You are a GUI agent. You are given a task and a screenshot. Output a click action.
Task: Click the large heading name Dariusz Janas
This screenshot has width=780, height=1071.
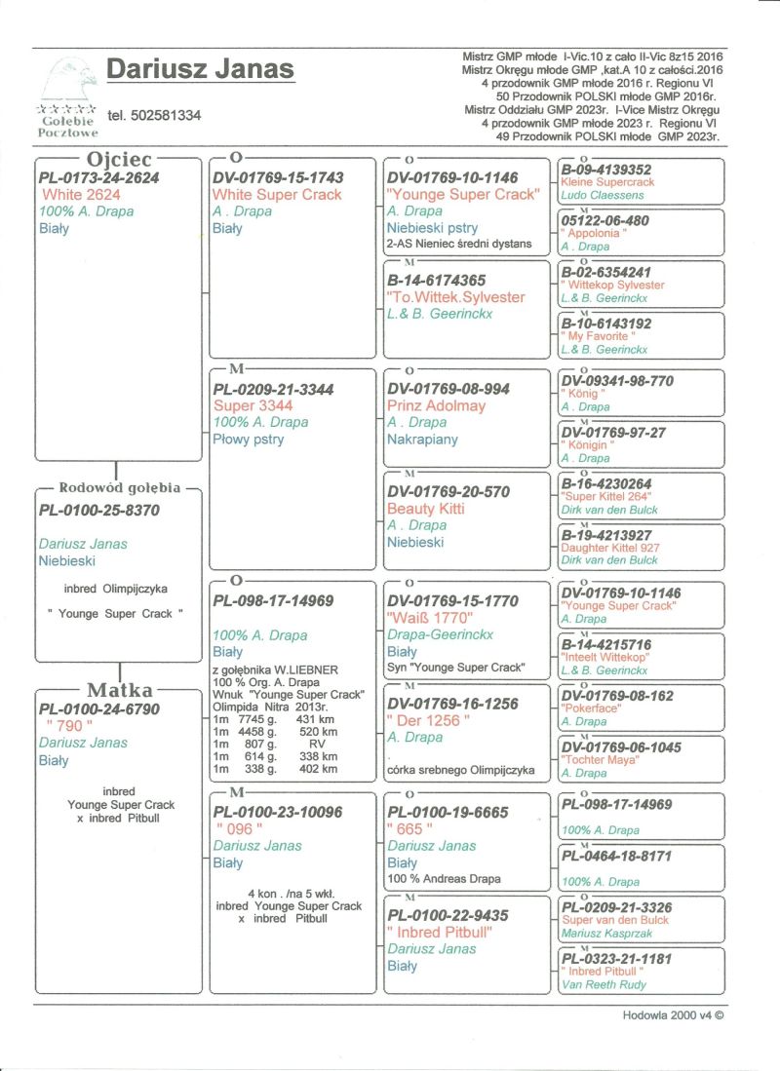[x=199, y=69]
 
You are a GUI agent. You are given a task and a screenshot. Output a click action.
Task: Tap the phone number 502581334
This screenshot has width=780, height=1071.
[x=154, y=115]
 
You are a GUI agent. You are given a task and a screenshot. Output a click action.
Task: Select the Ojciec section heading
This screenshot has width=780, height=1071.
[x=117, y=158]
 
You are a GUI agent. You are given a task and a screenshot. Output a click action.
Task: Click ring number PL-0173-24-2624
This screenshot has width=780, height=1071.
[x=98, y=178]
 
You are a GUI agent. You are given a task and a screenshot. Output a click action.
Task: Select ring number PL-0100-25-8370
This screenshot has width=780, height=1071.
[x=98, y=510]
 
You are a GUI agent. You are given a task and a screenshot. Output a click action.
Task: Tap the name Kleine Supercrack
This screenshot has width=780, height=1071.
[x=607, y=182]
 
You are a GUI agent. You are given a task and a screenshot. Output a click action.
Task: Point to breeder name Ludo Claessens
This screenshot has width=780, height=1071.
[x=603, y=195]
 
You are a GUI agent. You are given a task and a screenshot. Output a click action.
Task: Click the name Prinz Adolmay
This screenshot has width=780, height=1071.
[x=436, y=405]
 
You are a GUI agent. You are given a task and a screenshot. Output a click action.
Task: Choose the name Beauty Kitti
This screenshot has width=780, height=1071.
[x=426, y=509]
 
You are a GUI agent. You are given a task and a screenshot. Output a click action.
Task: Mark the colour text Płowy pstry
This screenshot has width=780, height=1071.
[x=249, y=440]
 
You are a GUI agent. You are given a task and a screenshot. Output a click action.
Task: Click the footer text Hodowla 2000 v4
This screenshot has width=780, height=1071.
[x=673, y=1014]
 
